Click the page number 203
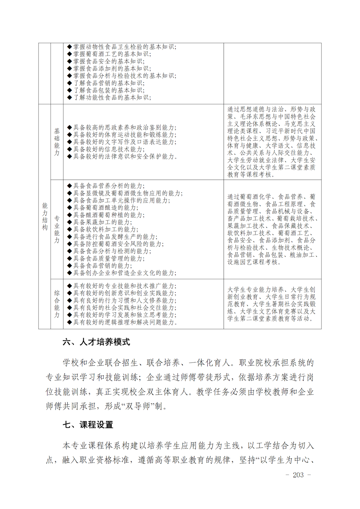pos(298,475)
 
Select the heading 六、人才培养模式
pos(96,342)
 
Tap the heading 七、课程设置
pos(88,425)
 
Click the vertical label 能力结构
pos(45,216)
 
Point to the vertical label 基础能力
pos(57,142)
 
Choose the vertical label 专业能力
pos(57,229)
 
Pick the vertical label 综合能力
pos(57,304)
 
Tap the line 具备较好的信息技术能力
pos(109,149)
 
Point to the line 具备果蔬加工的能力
pos(102,222)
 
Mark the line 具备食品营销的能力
pos(102,266)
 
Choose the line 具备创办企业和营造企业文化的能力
pos(125,273)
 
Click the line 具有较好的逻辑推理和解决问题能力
pos(125,322)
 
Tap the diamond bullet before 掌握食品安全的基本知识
pos(70,61)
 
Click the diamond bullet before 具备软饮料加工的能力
pos(70,230)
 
